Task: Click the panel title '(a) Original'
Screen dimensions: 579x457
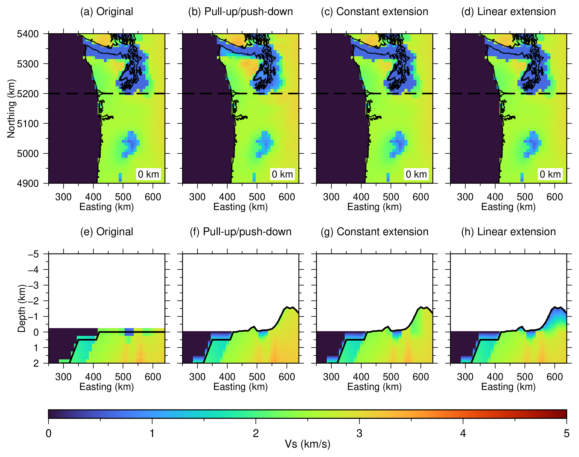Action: pos(107,12)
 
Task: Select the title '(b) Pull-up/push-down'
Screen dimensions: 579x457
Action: pos(241,12)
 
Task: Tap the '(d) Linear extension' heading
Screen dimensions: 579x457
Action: pos(509,12)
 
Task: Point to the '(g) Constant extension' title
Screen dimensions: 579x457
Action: pos(375,232)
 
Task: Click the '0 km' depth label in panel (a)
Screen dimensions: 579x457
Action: pos(148,174)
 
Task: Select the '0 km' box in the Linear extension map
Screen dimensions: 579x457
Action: pos(550,174)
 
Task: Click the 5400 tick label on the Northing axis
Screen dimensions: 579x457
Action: pos(28,34)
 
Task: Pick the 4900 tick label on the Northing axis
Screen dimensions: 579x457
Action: pos(28,183)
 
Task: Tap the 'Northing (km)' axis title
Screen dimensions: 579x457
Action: pos(11,109)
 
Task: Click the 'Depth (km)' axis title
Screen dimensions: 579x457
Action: pos(21,309)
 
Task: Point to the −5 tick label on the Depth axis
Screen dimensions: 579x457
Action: pos(33,254)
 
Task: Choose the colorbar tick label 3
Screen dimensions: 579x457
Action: pos(359,433)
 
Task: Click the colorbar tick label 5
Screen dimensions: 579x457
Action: pos(567,433)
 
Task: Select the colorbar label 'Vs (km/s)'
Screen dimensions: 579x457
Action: pos(308,444)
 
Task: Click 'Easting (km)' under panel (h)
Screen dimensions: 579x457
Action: pos(509,387)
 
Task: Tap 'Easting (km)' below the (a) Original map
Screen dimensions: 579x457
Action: pos(107,207)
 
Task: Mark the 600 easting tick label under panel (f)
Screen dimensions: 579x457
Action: pos(287,377)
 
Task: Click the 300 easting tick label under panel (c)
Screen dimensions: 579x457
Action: pos(331,197)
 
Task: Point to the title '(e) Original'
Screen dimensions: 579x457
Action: pos(107,232)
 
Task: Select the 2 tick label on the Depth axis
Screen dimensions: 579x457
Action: pos(36,363)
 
